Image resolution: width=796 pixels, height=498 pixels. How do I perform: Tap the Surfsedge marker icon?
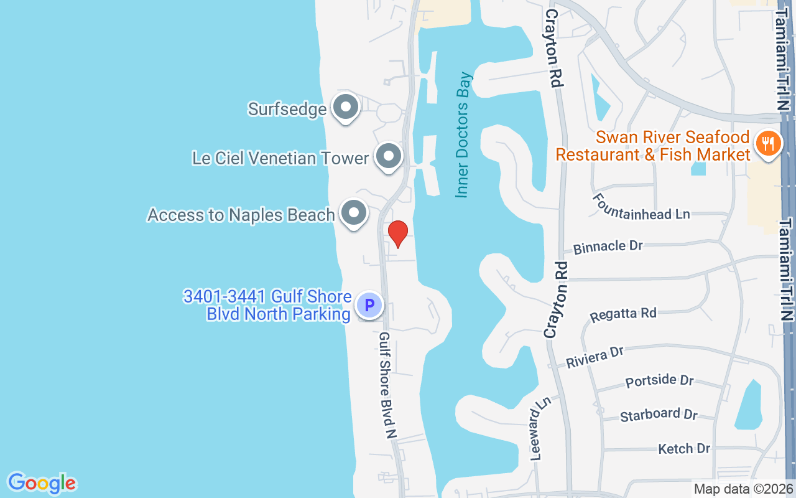[x=345, y=108]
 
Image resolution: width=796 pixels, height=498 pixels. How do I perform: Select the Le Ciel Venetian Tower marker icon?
[x=389, y=157]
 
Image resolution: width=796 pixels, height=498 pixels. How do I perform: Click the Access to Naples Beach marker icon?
[x=354, y=214]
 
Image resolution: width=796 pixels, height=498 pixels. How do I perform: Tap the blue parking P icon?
[x=369, y=306]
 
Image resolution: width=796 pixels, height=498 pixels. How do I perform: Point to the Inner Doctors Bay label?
[x=463, y=135]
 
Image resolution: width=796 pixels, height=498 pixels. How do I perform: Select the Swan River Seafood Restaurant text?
[x=653, y=146]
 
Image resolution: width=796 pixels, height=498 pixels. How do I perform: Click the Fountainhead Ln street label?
[x=641, y=207]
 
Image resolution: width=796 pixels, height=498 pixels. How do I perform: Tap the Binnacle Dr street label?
[x=608, y=247]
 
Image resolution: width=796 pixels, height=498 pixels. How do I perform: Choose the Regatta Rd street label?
[x=622, y=313]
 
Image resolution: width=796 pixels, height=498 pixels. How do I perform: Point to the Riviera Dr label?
[x=595, y=357]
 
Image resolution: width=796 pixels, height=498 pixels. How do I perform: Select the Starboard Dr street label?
[x=659, y=414]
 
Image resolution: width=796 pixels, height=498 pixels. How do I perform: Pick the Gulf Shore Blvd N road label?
[x=387, y=385]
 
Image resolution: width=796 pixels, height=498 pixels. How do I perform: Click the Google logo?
[x=42, y=482]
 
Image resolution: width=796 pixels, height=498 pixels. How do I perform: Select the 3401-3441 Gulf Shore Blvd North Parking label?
[x=267, y=305]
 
